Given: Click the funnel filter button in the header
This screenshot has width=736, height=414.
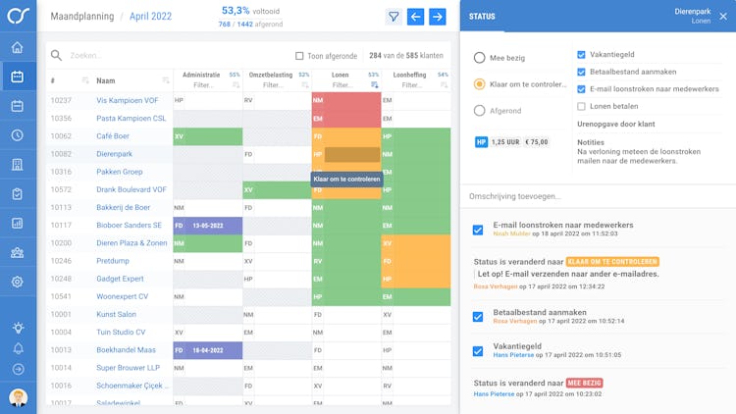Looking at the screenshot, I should [394, 17].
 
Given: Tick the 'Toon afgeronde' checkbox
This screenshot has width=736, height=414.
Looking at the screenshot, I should [299, 56].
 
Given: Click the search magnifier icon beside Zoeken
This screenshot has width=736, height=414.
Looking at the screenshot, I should [56, 56].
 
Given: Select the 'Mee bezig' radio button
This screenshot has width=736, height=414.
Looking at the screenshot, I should [479, 58].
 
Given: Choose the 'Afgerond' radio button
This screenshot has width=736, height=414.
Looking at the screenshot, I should [479, 111].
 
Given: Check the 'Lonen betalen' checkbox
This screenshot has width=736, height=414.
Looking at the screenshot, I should [582, 106].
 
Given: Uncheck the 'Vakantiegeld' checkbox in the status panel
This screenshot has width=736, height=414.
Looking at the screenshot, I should [582, 55].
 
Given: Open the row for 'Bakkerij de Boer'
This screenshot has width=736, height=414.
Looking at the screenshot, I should [123, 207].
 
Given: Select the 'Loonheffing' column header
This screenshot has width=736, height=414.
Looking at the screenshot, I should [410, 75].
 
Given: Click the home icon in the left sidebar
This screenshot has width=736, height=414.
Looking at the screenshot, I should [18, 47].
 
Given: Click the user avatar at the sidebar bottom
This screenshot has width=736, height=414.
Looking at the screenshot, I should [18, 397].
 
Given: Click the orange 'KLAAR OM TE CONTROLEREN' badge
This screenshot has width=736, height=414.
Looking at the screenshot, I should [626, 262].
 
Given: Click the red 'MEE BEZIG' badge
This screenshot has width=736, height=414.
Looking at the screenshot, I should [584, 383].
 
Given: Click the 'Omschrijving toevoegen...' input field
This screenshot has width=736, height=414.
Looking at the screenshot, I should [597, 196].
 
